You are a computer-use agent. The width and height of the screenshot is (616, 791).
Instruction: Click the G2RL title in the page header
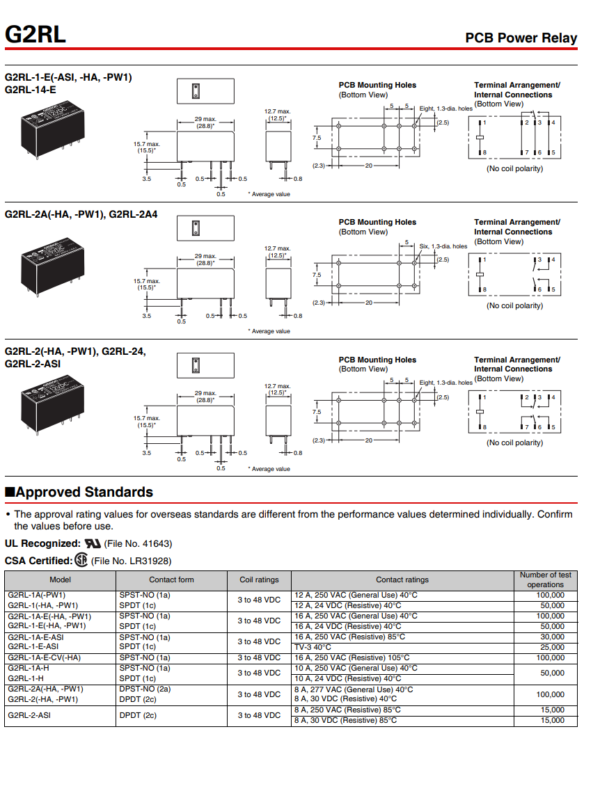pos(35,34)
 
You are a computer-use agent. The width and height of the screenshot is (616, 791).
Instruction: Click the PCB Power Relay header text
pos(521,38)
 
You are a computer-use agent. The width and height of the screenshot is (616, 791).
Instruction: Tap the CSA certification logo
pos(81,560)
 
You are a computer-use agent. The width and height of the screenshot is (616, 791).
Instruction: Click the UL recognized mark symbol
pos(93,543)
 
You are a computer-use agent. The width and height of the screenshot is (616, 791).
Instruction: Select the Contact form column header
pos(171,580)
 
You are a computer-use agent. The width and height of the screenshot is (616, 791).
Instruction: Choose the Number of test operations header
pos(545,580)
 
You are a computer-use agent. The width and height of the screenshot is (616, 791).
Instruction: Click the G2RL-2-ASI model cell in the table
pos(29,715)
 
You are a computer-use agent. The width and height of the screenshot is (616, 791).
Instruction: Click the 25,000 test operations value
pos(552,647)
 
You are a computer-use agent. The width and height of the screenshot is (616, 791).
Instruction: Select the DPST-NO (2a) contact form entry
pos(145,689)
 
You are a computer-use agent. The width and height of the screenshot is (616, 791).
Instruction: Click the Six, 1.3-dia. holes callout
pos(444,246)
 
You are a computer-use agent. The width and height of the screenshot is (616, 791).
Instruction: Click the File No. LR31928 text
pos(131,561)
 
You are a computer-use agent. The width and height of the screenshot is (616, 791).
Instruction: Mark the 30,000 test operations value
pos(552,637)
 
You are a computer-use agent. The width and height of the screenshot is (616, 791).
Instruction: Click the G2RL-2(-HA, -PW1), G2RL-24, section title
pos(75,352)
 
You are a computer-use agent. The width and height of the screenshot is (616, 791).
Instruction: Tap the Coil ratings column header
pos(259,580)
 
